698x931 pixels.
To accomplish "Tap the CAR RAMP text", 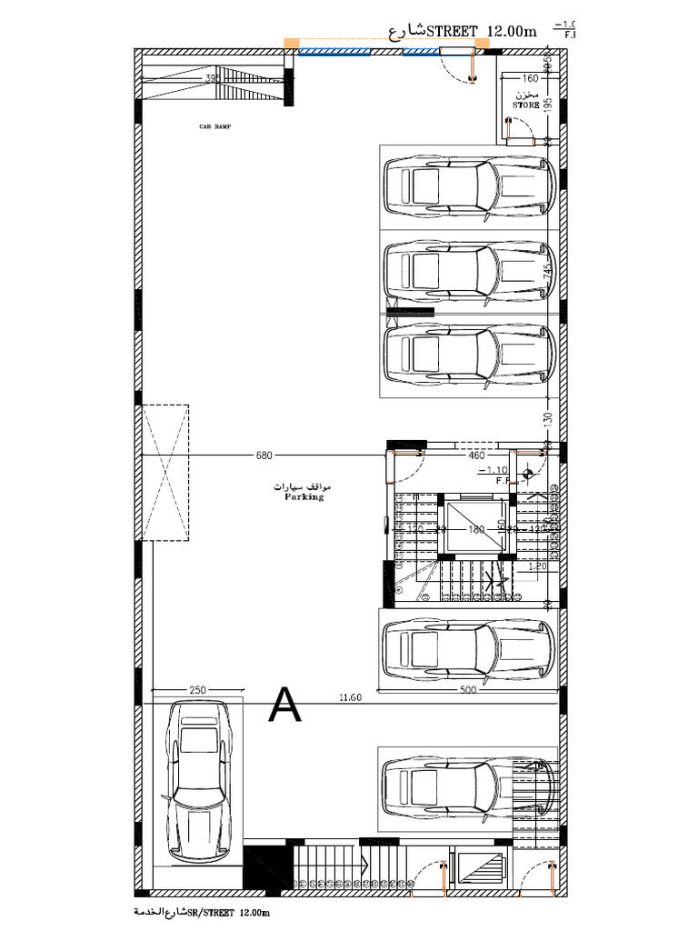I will point(215,127).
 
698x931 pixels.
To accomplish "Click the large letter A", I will point(285,705).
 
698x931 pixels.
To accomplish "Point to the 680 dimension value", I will point(264,454).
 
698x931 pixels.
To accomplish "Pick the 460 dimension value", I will point(476,455).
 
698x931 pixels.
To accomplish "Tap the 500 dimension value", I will point(468,690).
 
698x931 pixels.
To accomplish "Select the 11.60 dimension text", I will point(350,697).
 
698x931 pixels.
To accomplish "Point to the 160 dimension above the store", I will point(531,78).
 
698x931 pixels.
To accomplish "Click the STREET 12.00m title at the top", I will point(464,32).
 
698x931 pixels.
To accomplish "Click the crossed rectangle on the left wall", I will point(164,472).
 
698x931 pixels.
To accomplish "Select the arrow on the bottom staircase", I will point(363,868).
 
